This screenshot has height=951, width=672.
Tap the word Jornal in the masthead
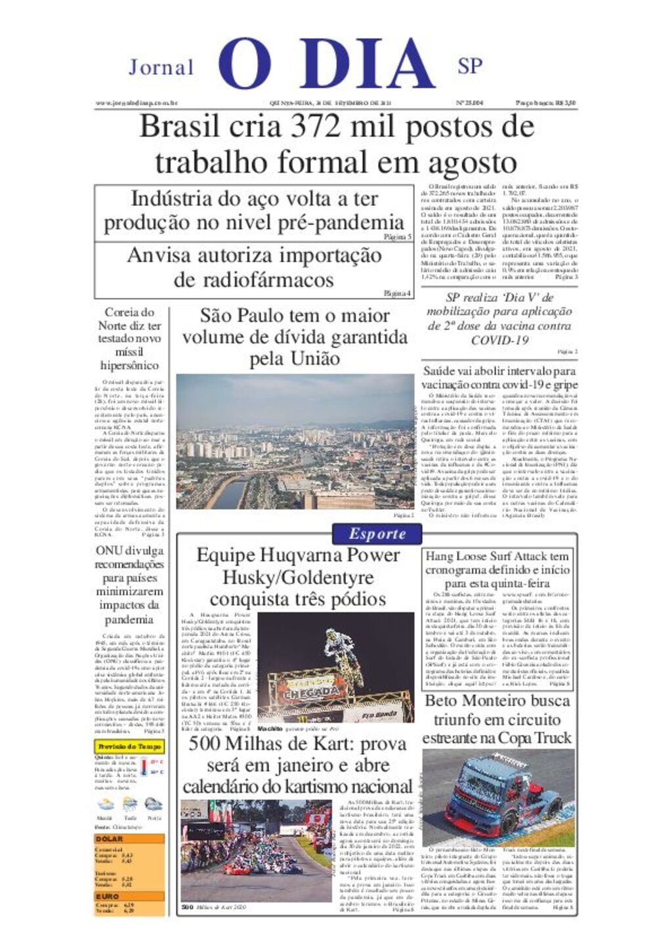tap(161, 67)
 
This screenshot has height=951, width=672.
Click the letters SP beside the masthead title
tap(470, 66)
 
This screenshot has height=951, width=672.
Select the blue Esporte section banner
tap(377, 534)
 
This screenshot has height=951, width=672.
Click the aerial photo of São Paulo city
tap(295, 442)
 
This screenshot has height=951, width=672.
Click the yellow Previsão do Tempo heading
tap(129, 746)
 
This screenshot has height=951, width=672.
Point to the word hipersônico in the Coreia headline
tap(129, 366)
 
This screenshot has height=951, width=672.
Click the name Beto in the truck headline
tap(441, 701)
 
